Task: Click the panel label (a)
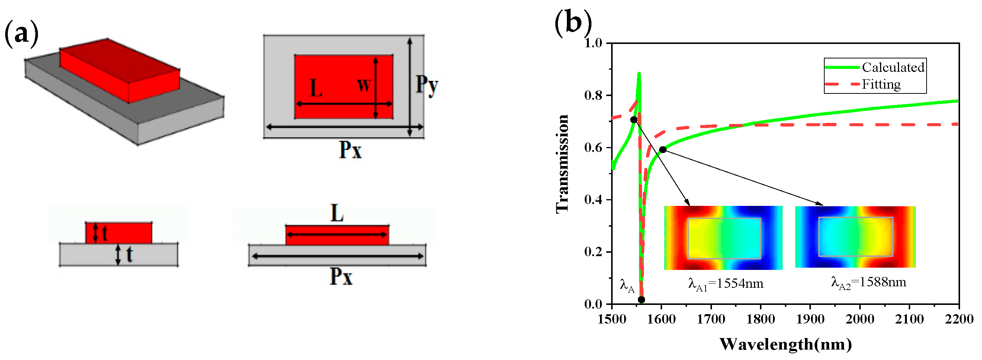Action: pyautogui.click(x=21, y=34)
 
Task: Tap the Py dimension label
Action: pyautogui.click(x=427, y=85)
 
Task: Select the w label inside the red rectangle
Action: pyautogui.click(x=364, y=85)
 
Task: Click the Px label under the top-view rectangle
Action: pyautogui.click(x=350, y=150)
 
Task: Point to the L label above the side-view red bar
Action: pyautogui.click(x=337, y=214)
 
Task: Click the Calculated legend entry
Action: pyautogui.click(x=893, y=67)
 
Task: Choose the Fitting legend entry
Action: pyautogui.click(x=881, y=84)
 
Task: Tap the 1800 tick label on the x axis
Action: pyautogui.click(x=761, y=319)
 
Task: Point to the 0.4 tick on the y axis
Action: pyautogui.click(x=593, y=200)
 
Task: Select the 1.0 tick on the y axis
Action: pyautogui.click(x=593, y=43)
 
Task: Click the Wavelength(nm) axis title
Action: pyautogui.click(x=786, y=344)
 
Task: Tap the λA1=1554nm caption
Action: pyautogui.click(x=725, y=284)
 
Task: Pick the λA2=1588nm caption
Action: pyautogui.click(x=869, y=283)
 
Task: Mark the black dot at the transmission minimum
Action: pyautogui.click(x=641, y=300)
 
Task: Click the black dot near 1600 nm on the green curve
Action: pyautogui.click(x=663, y=150)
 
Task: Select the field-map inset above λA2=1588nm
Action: pyautogui.click(x=855, y=237)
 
